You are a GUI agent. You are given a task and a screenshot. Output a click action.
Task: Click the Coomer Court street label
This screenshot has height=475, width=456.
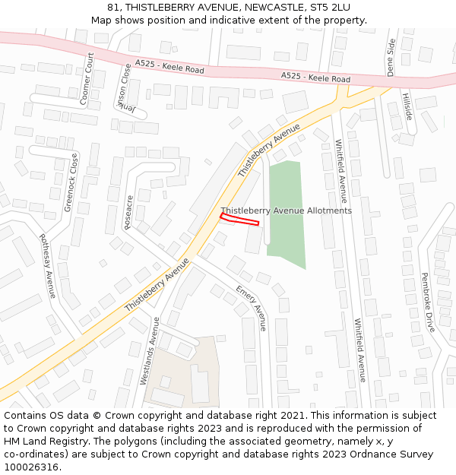(x=86, y=78)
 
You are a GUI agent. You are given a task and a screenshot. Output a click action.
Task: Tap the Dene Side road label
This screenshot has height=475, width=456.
(x=391, y=57)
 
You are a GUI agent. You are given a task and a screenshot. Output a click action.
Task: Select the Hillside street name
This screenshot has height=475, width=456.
(x=407, y=106)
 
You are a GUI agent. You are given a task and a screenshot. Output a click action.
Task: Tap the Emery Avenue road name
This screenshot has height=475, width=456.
(x=252, y=308)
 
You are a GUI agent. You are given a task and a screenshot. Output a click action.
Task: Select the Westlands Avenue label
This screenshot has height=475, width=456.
(x=149, y=350)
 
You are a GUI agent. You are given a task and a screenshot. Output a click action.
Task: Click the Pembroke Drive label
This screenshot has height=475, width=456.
(x=429, y=302)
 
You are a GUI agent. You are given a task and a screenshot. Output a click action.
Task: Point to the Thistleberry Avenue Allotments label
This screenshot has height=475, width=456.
(x=287, y=211)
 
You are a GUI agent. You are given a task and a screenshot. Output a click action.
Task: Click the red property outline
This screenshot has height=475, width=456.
(x=239, y=220)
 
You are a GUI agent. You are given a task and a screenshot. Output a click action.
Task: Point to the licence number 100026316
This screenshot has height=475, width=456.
(x=32, y=467)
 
